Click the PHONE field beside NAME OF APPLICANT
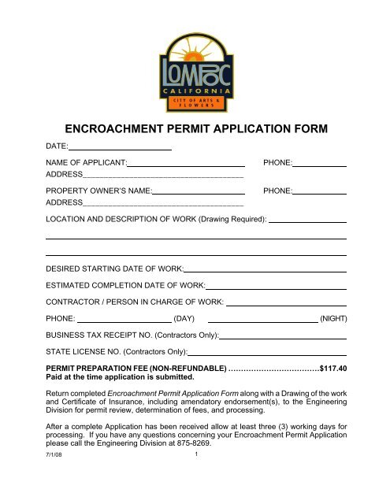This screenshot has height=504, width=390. (x=321, y=161)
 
